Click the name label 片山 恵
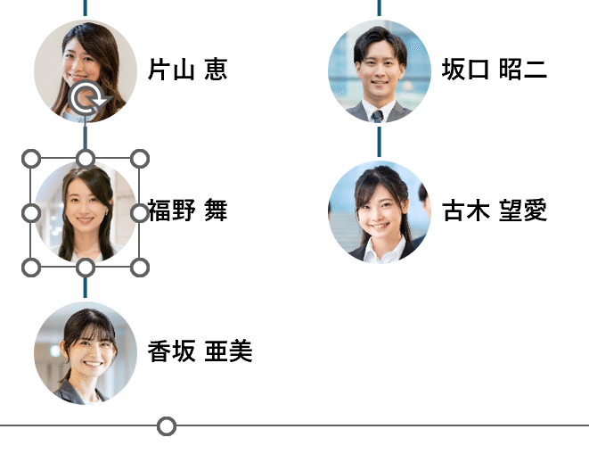point(187,70)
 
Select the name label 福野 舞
point(187,210)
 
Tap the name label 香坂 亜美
point(200,351)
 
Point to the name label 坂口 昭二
point(494,70)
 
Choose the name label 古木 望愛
point(494,210)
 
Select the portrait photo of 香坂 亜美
point(85,353)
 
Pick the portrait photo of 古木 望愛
point(379,212)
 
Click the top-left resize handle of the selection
point(30,159)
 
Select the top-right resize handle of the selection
point(140,159)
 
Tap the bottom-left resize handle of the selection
point(30,267)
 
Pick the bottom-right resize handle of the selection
point(140,267)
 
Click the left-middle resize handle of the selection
point(30,213)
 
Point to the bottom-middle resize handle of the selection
point(85,267)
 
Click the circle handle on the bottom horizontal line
point(167,426)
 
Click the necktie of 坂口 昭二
point(378,115)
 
